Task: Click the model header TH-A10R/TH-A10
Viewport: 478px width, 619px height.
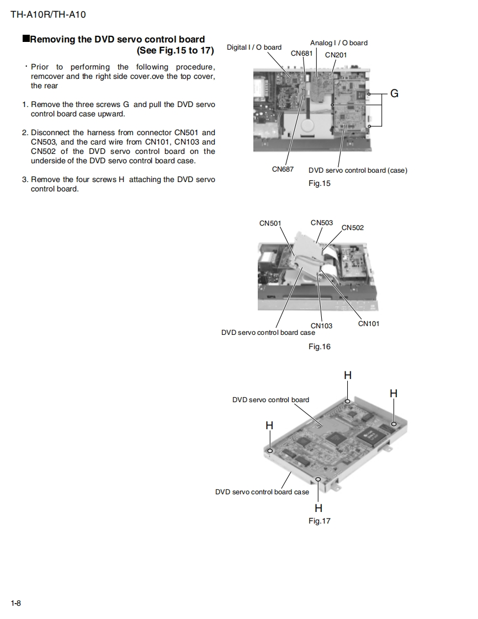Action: [48, 15]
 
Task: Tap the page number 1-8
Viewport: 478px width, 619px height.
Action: [15, 603]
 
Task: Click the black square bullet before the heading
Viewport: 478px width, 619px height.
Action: [25, 39]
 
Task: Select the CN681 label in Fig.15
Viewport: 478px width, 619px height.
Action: [302, 54]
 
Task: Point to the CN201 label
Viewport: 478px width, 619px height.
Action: [336, 55]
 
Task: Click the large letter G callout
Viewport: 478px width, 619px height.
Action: [394, 94]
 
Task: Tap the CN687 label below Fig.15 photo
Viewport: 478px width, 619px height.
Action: [283, 169]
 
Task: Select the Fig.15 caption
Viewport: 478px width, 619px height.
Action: [319, 183]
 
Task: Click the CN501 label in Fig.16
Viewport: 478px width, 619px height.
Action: [270, 223]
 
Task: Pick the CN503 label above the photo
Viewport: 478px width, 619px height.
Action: [322, 223]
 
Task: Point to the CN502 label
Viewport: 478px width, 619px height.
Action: [353, 228]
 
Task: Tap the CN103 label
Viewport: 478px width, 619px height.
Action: [321, 325]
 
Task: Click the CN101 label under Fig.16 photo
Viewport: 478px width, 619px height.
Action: [369, 324]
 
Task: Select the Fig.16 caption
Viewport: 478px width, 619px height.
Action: [319, 346]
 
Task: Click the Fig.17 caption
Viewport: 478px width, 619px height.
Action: [319, 521]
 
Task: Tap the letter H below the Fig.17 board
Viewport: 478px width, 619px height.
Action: [318, 508]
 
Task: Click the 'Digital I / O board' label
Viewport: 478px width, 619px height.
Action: [254, 47]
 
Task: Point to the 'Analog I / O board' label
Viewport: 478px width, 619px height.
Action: [338, 43]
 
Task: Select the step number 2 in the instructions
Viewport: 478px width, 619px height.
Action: [24, 132]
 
